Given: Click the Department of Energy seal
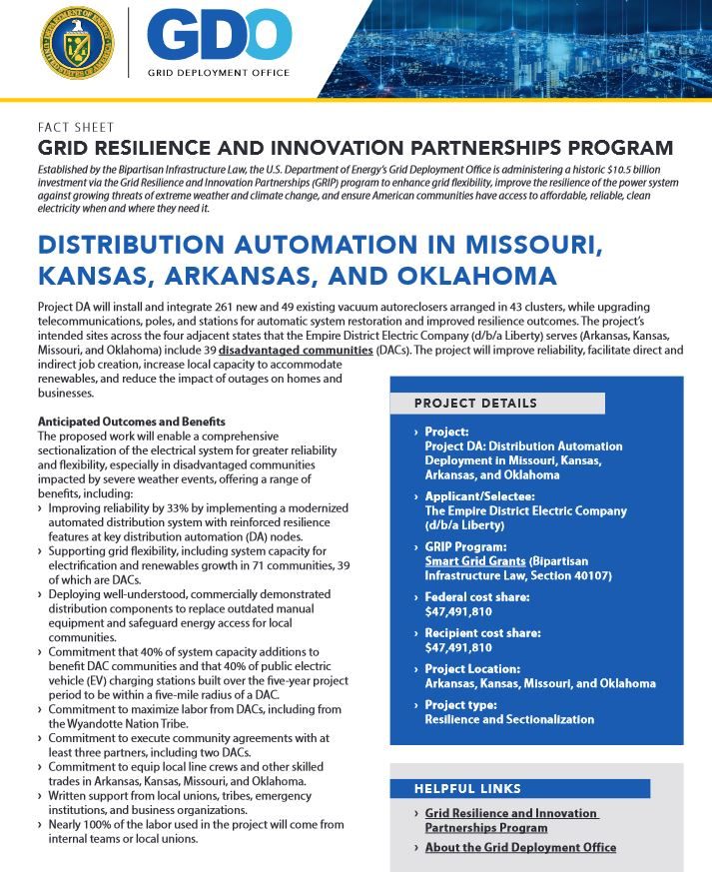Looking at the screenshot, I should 77,43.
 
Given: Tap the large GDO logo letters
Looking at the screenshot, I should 219,36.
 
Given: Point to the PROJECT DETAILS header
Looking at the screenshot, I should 475,404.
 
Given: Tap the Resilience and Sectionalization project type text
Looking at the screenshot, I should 509,719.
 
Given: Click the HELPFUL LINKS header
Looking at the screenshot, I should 467,789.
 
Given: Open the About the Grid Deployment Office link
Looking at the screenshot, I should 520,848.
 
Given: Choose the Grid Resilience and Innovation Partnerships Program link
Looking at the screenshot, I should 510,820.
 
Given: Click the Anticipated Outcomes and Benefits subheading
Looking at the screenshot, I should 131,423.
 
